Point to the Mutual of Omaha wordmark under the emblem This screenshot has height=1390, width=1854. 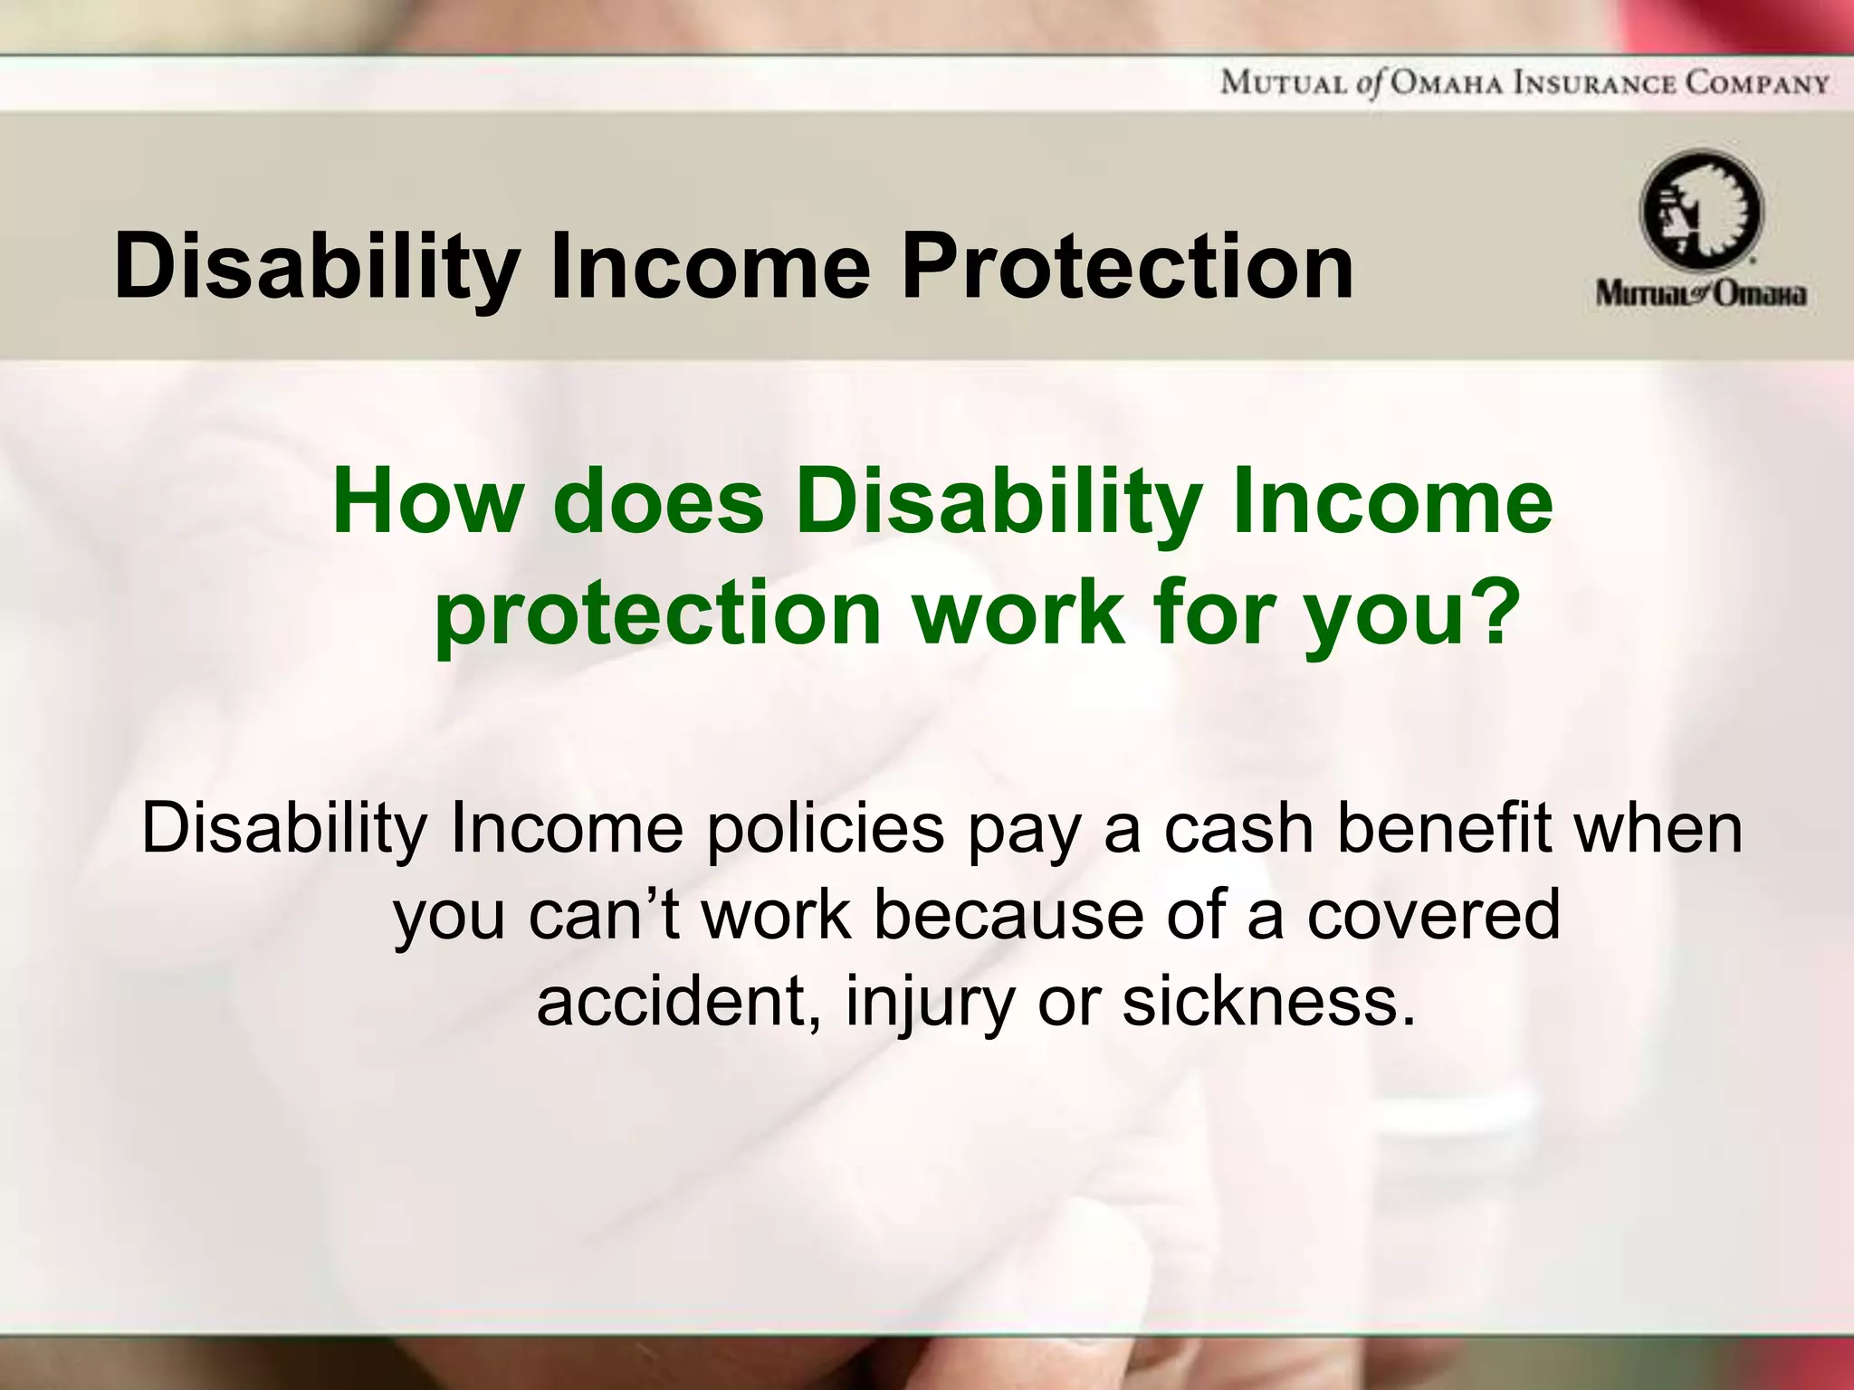1701,294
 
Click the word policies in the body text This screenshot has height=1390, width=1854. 826,830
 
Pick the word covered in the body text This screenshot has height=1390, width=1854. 1434,915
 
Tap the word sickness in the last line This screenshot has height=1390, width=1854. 1267,1001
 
